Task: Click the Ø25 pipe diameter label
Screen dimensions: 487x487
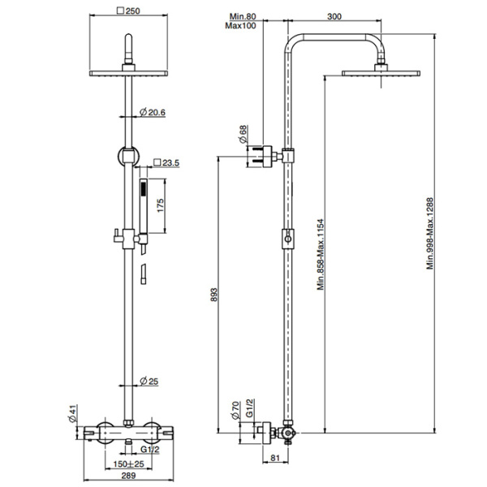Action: [x=151, y=381]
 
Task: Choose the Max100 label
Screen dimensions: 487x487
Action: [x=243, y=27]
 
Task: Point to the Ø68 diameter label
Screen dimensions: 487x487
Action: [x=242, y=133]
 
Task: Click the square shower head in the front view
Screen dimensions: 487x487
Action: [x=127, y=73]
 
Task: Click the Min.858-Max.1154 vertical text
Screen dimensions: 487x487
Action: [x=321, y=252]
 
